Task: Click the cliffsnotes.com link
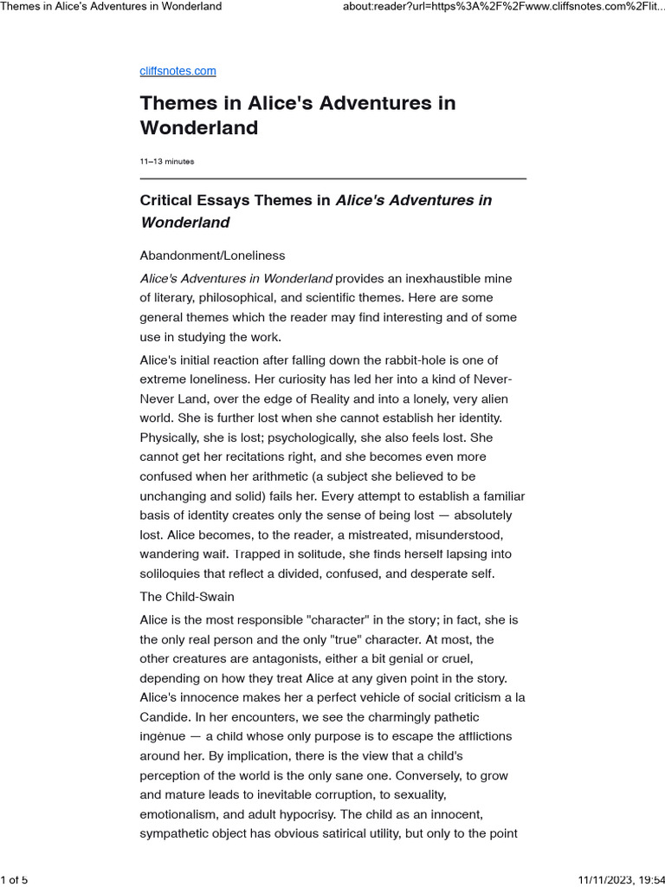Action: (178, 71)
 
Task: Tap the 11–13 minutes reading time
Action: (166, 161)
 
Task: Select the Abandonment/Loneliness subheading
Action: (212, 256)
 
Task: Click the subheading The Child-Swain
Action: (187, 597)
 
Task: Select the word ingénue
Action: (165, 736)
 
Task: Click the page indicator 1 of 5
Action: (14, 880)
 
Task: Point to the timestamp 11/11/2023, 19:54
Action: (617, 880)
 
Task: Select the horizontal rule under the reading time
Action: (332, 178)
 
